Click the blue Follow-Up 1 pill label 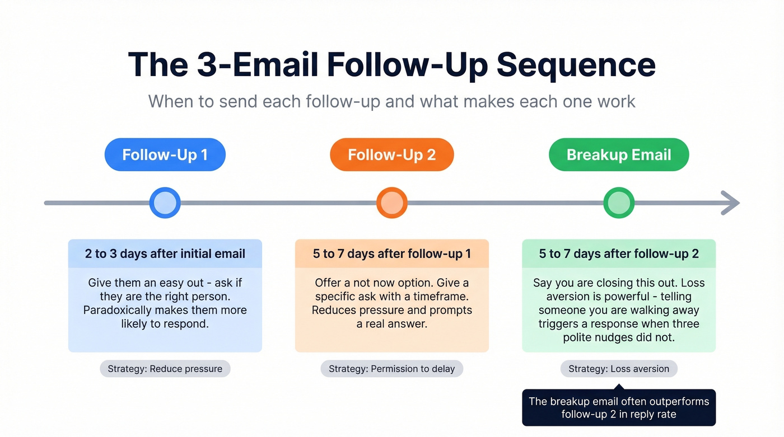click(165, 154)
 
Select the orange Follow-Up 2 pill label click(391, 154)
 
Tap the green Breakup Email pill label click(619, 154)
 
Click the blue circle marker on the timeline click(165, 203)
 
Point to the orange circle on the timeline click(391, 203)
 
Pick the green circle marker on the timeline click(619, 203)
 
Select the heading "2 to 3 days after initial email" click(165, 253)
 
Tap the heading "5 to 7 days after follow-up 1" click(391, 253)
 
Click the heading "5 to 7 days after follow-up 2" click(619, 253)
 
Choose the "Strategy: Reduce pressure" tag click(165, 369)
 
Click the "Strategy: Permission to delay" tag click(391, 369)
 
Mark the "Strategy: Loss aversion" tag click(619, 369)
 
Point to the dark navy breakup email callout click(619, 407)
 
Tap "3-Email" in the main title click(257, 65)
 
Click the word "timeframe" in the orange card click(441, 297)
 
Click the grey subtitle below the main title click(391, 101)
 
